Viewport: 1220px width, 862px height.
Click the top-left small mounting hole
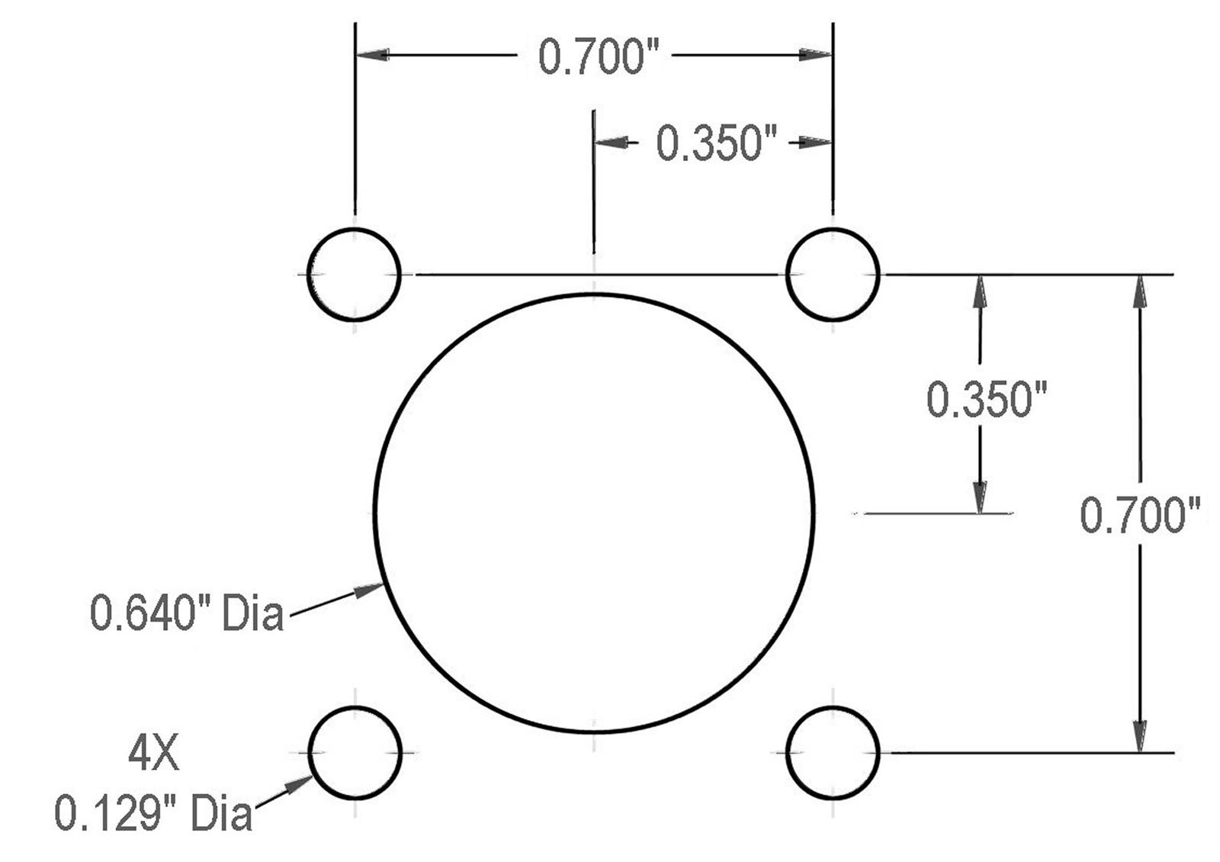tap(308, 274)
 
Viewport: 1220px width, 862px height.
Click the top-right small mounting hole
tap(787, 274)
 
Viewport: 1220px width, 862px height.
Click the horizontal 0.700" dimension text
tap(599, 57)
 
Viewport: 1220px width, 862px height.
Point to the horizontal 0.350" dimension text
tap(716, 143)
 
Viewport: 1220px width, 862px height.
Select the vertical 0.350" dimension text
tap(987, 400)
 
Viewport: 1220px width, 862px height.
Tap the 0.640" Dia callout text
tap(186, 613)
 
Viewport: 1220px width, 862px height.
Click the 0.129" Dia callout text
tap(153, 813)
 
